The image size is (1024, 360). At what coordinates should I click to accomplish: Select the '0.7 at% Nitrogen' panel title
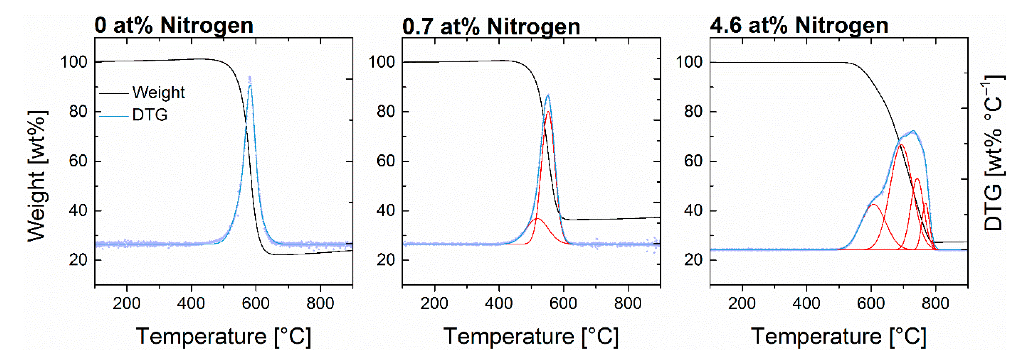[x=491, y=27]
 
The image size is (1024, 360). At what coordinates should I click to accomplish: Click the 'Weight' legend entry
[x=158, y=93]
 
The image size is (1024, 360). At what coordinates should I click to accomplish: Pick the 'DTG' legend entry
[x=150, y=115]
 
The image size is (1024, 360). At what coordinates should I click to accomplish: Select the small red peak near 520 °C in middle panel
[x=537, y=219]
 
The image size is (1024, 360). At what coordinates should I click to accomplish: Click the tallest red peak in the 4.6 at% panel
[x=901, y=145]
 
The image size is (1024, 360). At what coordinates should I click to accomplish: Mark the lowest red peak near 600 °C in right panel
[x=873, y=205]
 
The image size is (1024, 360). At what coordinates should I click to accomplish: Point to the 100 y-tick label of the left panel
[x=74, y=62]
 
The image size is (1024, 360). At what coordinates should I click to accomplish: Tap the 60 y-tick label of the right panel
[x=693, y=161]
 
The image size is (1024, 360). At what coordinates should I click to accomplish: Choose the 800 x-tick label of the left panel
[x=320, y=303]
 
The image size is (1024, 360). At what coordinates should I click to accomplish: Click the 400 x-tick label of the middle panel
[x=498, y=303]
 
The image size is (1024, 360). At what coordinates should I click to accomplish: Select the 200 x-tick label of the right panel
[x=742, y=303]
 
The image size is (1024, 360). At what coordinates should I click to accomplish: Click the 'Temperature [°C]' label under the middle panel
[x=531, y=337]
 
